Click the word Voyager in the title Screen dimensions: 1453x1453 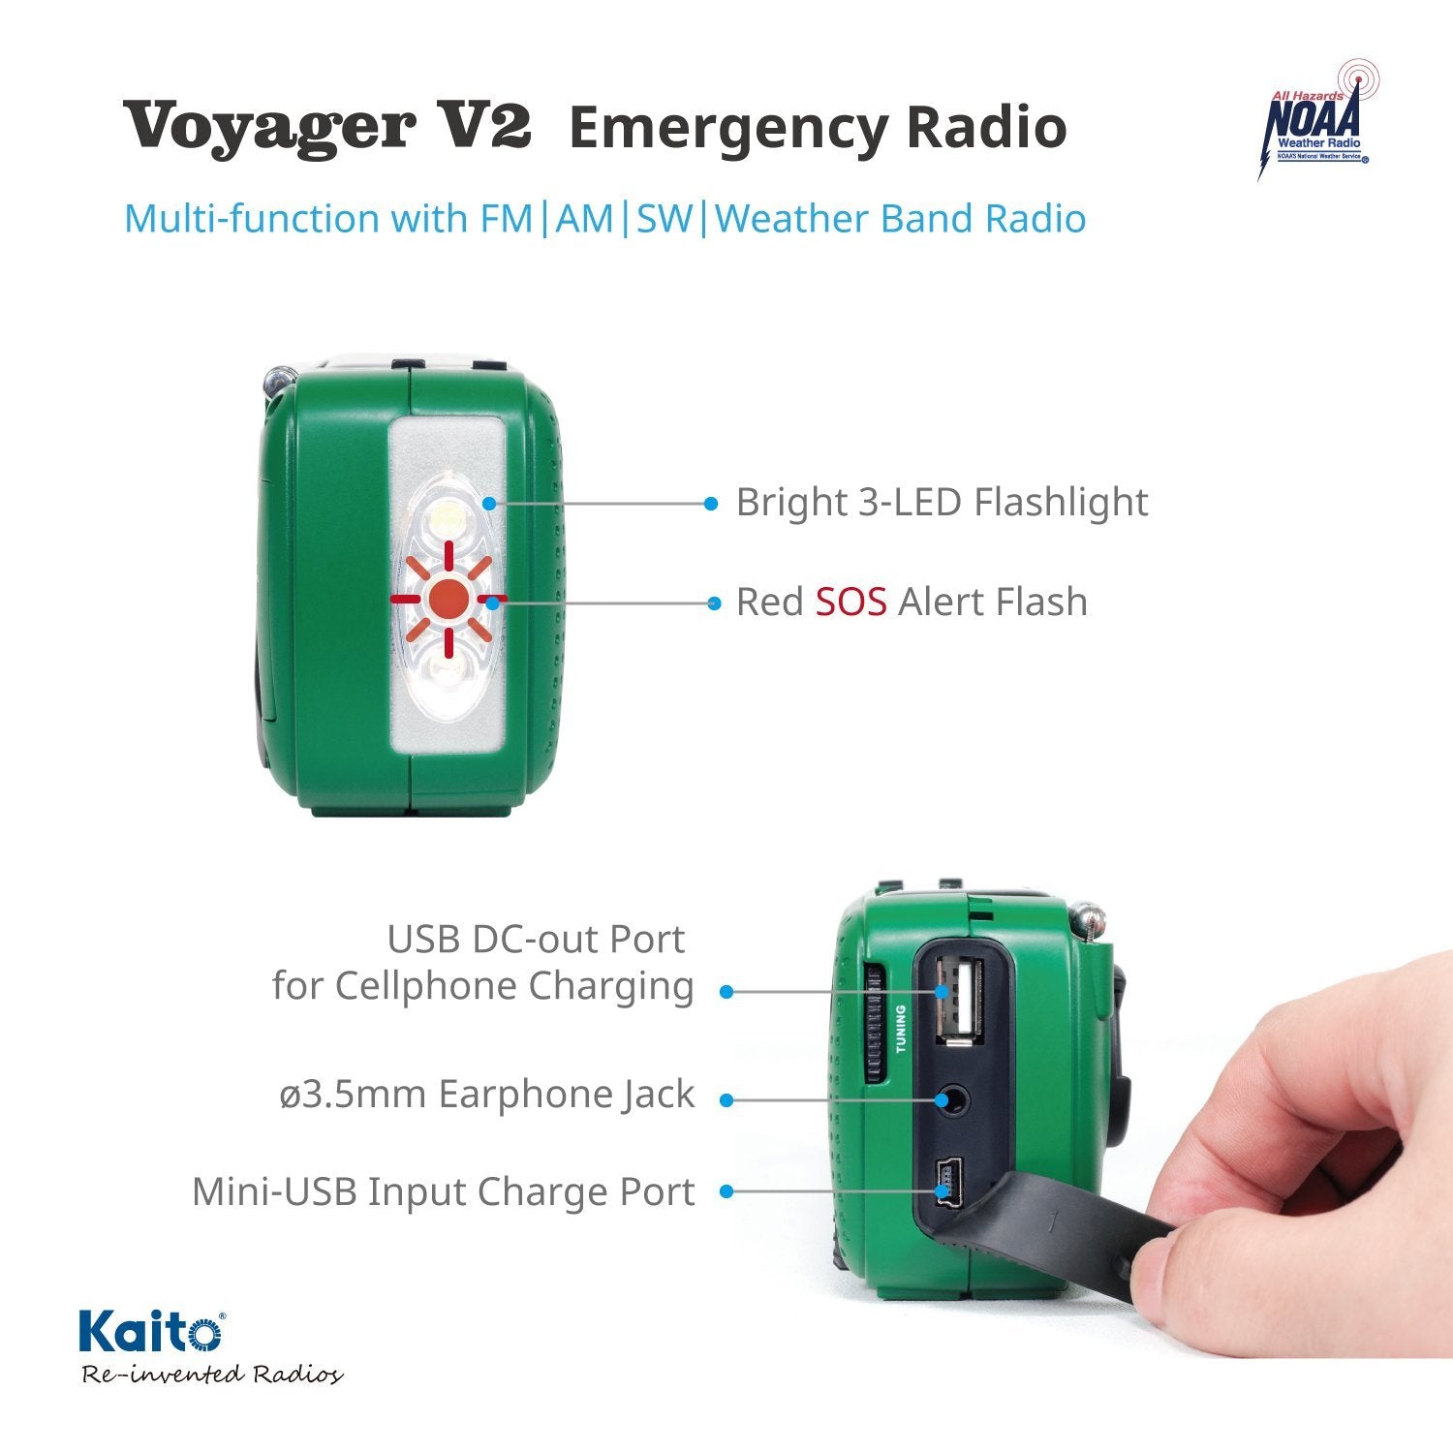(x=269, y=127)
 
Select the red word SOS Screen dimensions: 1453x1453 (x=850, y=602)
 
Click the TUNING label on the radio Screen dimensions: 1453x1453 (x=901, y=1029)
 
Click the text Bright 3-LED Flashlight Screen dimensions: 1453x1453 (x=942, y=503)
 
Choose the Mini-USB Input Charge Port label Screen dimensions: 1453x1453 (x=443, y=1191)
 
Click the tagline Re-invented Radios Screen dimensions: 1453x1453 (x=211, y=1375)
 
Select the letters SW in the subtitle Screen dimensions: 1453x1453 (x=665, y=218)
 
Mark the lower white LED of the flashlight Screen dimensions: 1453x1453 (x=447, y=673)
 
